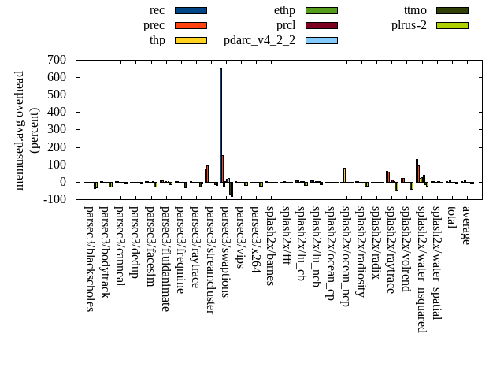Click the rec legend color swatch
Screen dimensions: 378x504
tap(191, 10)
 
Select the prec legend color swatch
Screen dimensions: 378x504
tap(191, 25)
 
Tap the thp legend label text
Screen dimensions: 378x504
tap(157, 40)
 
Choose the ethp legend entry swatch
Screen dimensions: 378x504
tap(321, 10)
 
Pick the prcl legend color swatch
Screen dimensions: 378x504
tap(321, 25)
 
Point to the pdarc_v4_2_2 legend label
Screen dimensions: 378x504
tap(259, 40)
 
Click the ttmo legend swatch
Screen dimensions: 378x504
tap(452, 10)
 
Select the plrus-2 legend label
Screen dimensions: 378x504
tap(409, 25)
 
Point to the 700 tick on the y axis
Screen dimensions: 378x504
tap(56, 60)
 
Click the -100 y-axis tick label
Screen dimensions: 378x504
tap(54, 199)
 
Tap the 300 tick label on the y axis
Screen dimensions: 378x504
tap(56, 129)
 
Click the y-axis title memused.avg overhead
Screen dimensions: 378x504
tap(20, 130)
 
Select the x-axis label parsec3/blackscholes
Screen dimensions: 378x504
tap(89, 259)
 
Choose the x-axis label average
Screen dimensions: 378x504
tap(466, 225)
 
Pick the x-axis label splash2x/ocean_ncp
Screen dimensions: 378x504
tap(345, 256)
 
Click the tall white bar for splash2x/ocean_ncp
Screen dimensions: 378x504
tap(344, 175)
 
